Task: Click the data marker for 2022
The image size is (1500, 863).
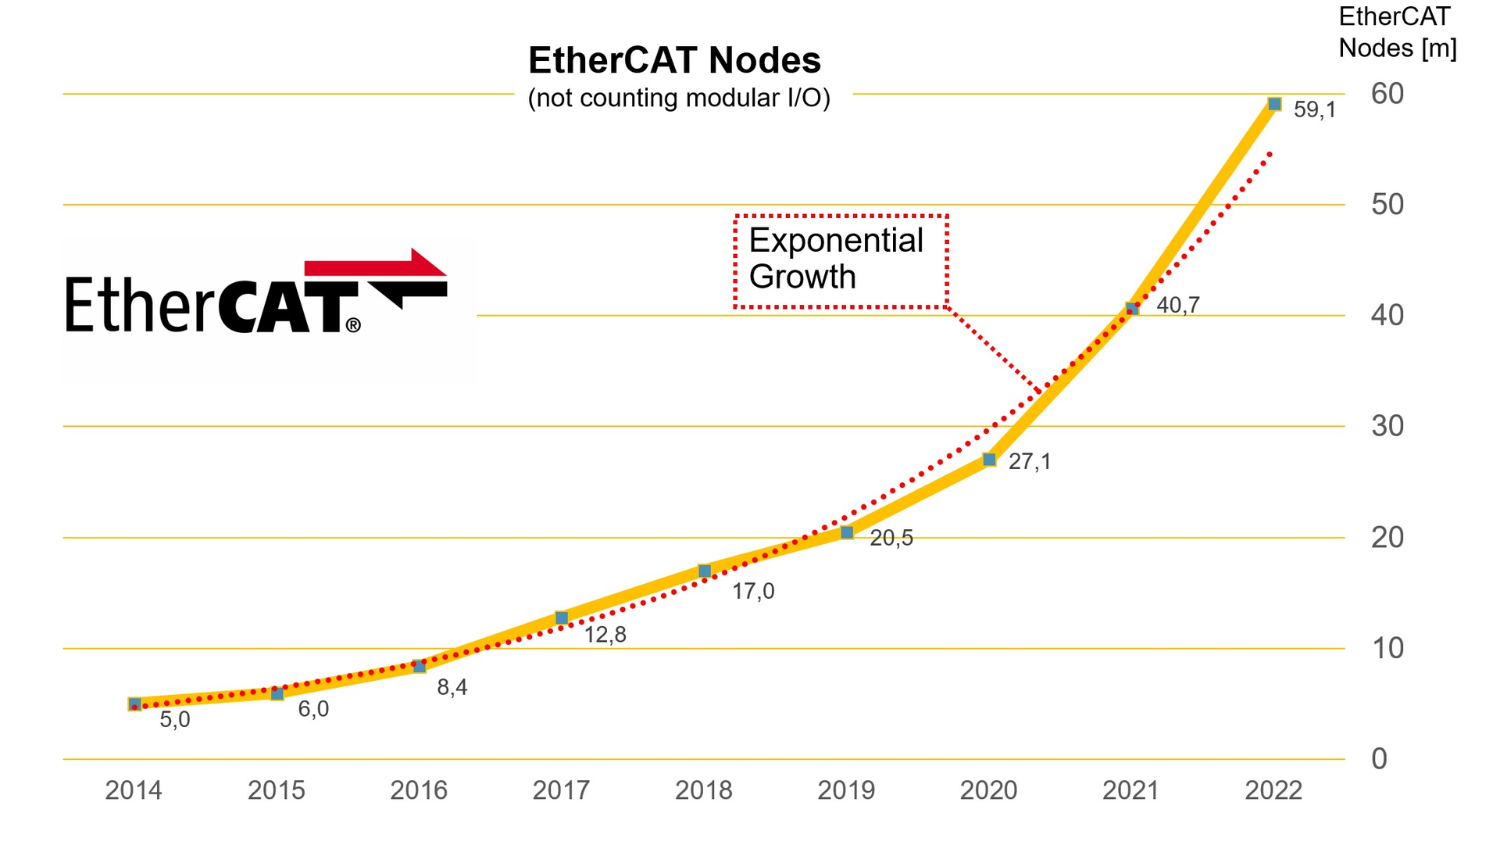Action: (x=1274, y=104)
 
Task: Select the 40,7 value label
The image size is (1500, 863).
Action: (x=1177, y=306)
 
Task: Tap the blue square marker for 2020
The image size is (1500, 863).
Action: (x=989, y=460)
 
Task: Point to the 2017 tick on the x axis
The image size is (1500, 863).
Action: (x=561, y=790)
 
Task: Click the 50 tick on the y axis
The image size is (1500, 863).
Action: (x=1387, y=205)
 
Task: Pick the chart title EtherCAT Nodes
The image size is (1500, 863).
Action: (x=674, y=60)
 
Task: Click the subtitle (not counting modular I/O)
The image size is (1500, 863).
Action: (x=678, y=98)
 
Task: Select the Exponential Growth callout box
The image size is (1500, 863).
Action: (x=841, y=261)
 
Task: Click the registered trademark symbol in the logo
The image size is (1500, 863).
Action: (x=353, y=325)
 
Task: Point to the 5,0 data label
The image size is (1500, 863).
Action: (x=175, y=720)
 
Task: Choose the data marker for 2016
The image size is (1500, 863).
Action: (x=420, y=666)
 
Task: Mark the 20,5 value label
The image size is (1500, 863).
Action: (x=891, y=539)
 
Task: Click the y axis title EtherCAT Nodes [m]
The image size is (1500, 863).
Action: (x=1397, y=33)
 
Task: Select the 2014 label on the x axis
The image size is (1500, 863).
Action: (x=134, y=790)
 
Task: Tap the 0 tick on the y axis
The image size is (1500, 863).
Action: (x=1379, y=759)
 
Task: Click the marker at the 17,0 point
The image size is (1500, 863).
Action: (x=704, y=571)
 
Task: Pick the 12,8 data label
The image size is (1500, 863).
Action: (x=605, y=635)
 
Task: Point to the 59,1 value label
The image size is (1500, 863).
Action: (x=1315, y=110)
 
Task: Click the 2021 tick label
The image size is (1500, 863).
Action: (x=1130, y=790)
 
